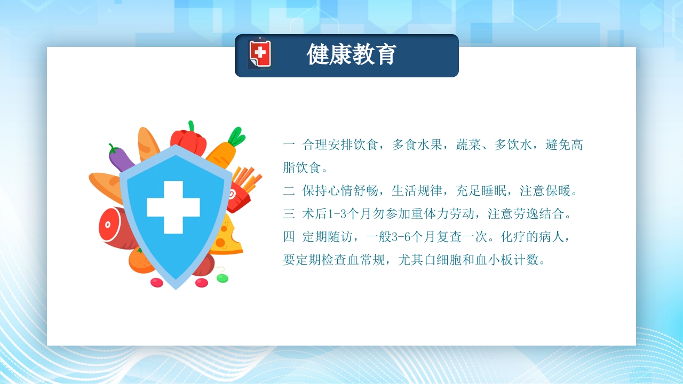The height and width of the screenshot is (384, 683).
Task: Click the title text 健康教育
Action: click(352, 55)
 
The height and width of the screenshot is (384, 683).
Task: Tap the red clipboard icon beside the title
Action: click(260, 54)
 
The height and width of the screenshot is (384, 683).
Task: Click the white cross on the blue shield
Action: click(173, 207)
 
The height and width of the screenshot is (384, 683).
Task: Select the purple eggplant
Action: click(120, 158)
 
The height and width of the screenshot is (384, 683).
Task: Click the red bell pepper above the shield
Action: click(188, 140)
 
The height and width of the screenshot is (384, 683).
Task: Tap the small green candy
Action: click(223, 278)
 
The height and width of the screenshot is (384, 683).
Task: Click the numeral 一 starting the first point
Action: click(289, 145)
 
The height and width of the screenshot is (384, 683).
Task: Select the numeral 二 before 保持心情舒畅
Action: click(289, 191)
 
